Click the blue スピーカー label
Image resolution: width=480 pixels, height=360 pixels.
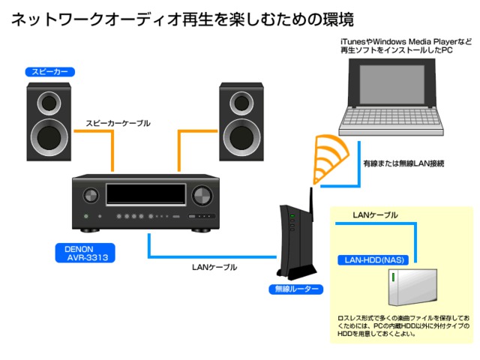pos(50,73)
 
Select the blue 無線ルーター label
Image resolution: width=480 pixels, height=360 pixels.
pos(296,289)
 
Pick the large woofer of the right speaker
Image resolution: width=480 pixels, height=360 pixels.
pos(241,136)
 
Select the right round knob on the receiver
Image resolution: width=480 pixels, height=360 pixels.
pos(202,196)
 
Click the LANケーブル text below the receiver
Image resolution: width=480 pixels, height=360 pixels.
pos(215,267)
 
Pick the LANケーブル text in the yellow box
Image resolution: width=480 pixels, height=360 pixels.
pos(375,215)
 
